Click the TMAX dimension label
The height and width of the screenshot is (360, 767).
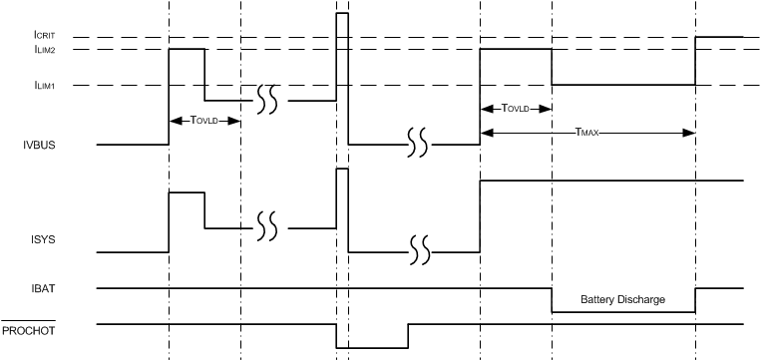[588, 132]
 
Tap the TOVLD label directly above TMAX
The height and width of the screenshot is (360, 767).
[516, 108]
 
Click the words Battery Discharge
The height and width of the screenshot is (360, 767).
[622, 299]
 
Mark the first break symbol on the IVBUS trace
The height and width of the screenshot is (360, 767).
[266, 100]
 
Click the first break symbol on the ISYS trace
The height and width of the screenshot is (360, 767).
[266, 227]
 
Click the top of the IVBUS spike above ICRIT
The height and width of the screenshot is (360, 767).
[342, 14]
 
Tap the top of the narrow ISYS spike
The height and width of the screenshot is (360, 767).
[342, 170]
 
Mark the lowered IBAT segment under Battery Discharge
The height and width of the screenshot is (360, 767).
[623, 312]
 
